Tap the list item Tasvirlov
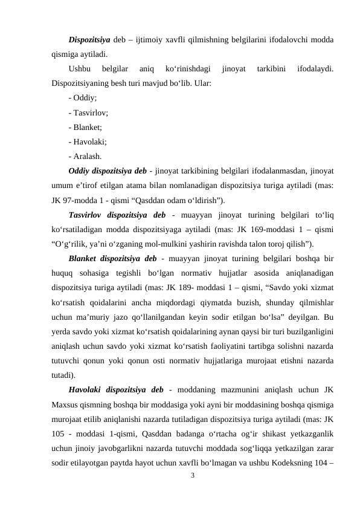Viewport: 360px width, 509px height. [89, 112]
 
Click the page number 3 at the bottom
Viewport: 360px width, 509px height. [192, 477]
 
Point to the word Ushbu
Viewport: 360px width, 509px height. [80, 69]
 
